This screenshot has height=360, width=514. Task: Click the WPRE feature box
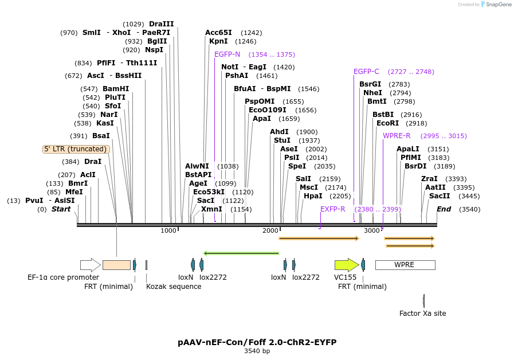405,265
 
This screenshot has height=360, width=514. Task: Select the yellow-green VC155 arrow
346,265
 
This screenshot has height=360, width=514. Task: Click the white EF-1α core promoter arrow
90,265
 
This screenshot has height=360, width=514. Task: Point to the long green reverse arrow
241,253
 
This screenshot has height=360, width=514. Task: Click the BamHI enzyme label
116,89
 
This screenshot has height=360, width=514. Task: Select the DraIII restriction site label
161,24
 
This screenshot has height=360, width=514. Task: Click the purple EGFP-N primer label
227,54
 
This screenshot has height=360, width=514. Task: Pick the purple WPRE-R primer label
397,136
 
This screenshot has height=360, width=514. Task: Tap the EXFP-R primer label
332,209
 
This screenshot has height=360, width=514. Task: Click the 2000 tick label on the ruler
270,230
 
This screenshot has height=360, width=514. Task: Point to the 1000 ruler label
168,230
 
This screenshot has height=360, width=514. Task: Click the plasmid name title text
257,342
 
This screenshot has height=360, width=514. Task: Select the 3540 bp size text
257,351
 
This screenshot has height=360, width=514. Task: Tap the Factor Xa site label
422,314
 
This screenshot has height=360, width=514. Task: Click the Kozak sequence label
174,286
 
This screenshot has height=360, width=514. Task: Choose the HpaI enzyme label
313,196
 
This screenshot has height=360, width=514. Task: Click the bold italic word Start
61,209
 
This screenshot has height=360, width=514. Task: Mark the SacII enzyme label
439,196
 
